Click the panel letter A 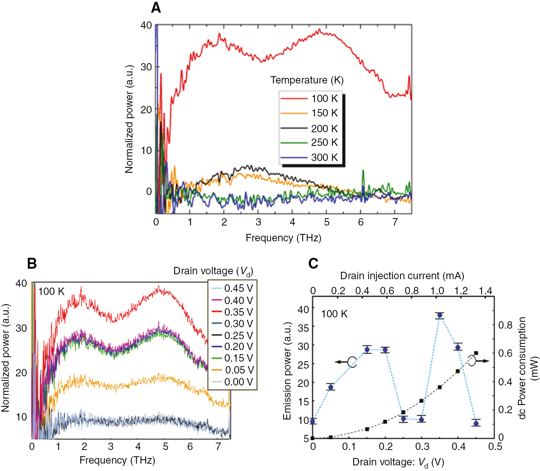(x=156, y=8)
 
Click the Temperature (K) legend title (x=307, y=80)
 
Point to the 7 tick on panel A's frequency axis (x=395, y=222)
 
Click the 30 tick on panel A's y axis (x=146, y=67)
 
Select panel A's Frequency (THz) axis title (x=283, y=238)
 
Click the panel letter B (x=32, y=263)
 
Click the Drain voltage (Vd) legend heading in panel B (x=213, y=271)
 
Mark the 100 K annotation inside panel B (x=52, y=291)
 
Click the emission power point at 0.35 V (x=439, y=315)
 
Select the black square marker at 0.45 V (x=476, y=353)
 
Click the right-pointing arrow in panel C (x=483, y=361)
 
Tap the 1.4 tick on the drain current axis (x=485, y=291)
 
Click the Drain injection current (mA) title (x=402, y=276)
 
